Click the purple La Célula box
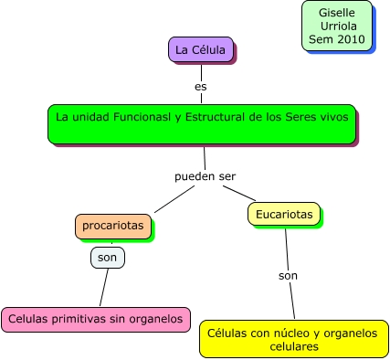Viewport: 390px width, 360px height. click(x=200, y=49)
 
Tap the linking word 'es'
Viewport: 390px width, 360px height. click(x=201, y=87)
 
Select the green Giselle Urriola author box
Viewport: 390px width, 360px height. click(x=336, y=26)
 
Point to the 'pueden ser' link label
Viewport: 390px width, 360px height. click(x=206, y=175)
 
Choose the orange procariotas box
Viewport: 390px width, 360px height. click(x=112, y=225)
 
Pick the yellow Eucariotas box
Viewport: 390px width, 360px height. click(x=283, y=214)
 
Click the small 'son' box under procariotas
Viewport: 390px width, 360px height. click(x=107, y=258)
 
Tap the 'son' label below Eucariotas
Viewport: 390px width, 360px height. click(x=289, y=274)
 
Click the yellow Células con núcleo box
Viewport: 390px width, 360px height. click(x=293, y=339)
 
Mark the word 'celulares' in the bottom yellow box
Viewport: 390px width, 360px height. click(x=293, y=347)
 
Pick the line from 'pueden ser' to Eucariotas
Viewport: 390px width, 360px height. click(x=238, y=192)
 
